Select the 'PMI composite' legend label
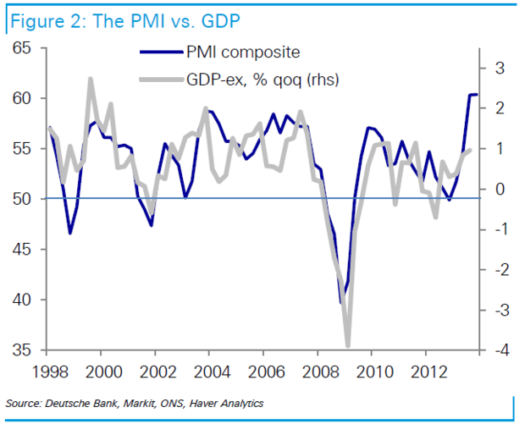243,52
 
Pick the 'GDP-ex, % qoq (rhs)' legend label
265,80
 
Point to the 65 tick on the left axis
24,48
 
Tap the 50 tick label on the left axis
24,199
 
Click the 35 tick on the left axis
24,350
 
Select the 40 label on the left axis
24,300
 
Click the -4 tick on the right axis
499,350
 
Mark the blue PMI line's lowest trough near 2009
342,302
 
